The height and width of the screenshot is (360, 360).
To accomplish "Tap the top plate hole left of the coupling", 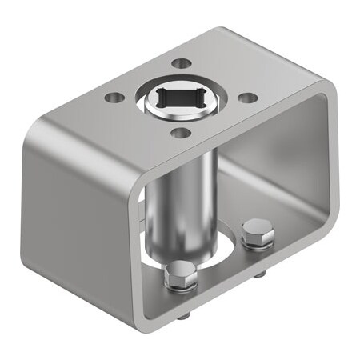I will [115, 98].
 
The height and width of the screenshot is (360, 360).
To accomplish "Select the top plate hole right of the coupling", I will [248, 98].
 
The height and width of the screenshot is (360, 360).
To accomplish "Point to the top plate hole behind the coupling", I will [182, 62].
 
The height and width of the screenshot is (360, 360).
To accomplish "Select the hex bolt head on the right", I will [258, 233].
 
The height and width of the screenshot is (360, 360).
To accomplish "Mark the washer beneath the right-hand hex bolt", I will [258, 243].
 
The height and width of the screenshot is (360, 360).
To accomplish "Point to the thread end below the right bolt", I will [260, 274].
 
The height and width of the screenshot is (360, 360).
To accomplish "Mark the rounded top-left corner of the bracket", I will [44, 128].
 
